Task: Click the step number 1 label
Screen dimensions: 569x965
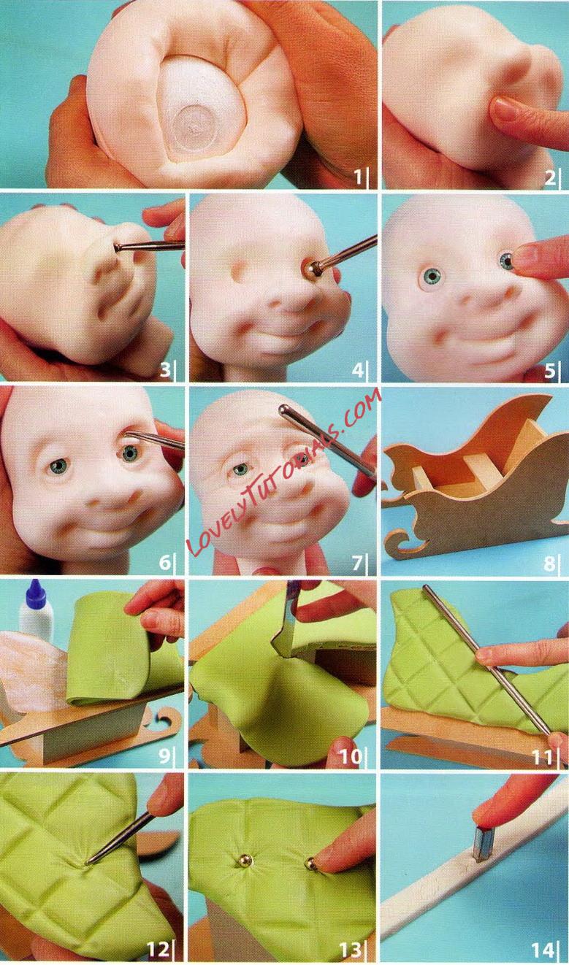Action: pyautogui.click(x=358, y=176)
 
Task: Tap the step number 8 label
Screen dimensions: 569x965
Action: pyautogui.click(x=549, y=563)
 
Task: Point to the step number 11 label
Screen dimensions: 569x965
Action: pyautogui.click(x=542, y=756)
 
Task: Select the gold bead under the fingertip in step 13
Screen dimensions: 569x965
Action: pyautogui.click(x=310, y=863)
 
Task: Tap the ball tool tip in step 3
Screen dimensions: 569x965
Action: pyautogui.click(x=118, y=247)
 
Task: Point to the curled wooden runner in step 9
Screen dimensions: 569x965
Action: pyautogui.click(x=167, y=715)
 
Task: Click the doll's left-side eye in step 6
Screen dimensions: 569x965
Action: pyautogui.click(x=56, y=466)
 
